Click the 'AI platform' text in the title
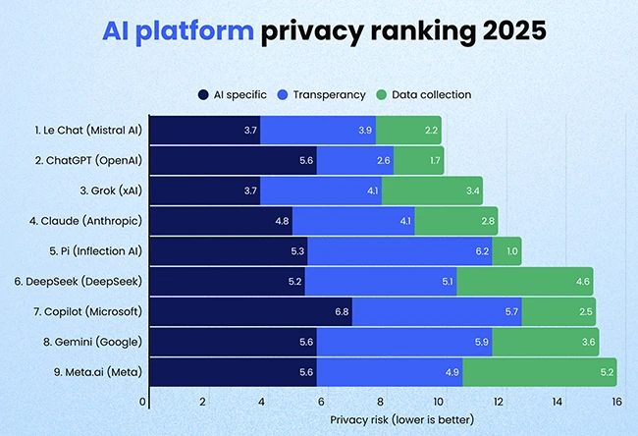click(x=179, y=31)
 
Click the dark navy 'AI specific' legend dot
click(x=203, y=94)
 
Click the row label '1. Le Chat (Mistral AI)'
click(x=87, y=130)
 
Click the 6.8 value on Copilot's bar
click(x=340, y=312)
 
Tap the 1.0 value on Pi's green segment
click(x=511, y=251)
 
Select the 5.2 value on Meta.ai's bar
click(x=606, y=373)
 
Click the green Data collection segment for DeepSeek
click(x=525, y=282)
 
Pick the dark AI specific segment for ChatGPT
click(x=232, y=160)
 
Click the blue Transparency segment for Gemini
click(x=402, y=343)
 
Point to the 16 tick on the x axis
click(x=616, y=402)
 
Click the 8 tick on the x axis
click(x=380, y=402)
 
